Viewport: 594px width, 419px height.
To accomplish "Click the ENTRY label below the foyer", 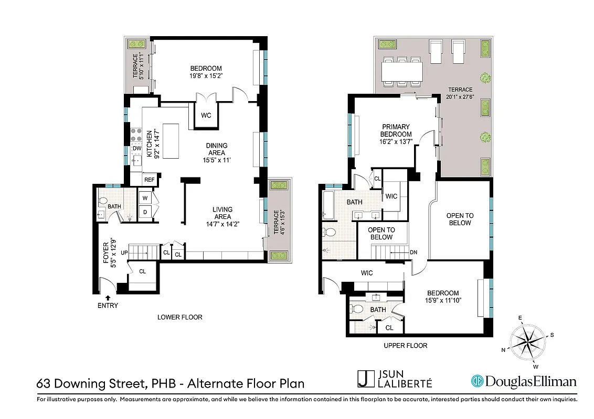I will tap(108, 305).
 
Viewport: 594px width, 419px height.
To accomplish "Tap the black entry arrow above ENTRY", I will tap(108, 297).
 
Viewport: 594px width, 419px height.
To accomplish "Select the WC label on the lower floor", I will tap(206, 115).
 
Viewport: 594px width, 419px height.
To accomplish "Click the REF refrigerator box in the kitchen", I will tap(150, 180).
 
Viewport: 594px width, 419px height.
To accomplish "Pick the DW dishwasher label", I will tap(136, 149).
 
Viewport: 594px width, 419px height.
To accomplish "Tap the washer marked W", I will tap(145, 198).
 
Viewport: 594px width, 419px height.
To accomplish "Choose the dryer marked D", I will tap(145, 211).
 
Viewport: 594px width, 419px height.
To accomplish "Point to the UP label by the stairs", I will tap(124, 253).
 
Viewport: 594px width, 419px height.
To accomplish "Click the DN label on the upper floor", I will tap(413, 252).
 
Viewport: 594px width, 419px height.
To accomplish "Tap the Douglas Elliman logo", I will tap(524, 381).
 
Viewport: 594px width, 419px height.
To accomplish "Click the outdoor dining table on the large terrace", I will tap(402, 70).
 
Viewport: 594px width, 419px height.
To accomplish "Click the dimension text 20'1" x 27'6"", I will tap(460, 96).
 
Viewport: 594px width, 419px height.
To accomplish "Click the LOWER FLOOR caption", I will tap(180, 317).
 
